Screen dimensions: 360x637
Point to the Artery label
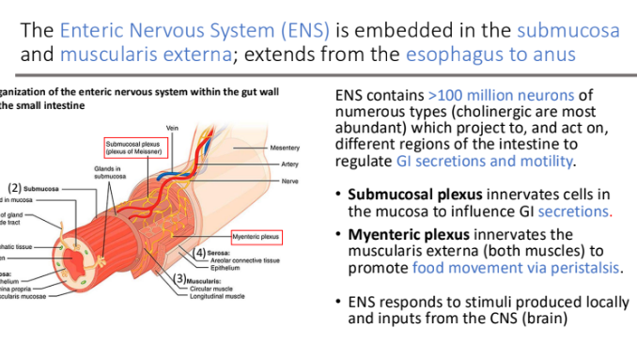[x=289, y=164]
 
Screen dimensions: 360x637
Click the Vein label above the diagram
[x=171, y=128]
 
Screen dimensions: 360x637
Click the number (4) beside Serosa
[x=198, y=254]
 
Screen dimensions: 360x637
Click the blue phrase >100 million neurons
[x=488, y=95]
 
